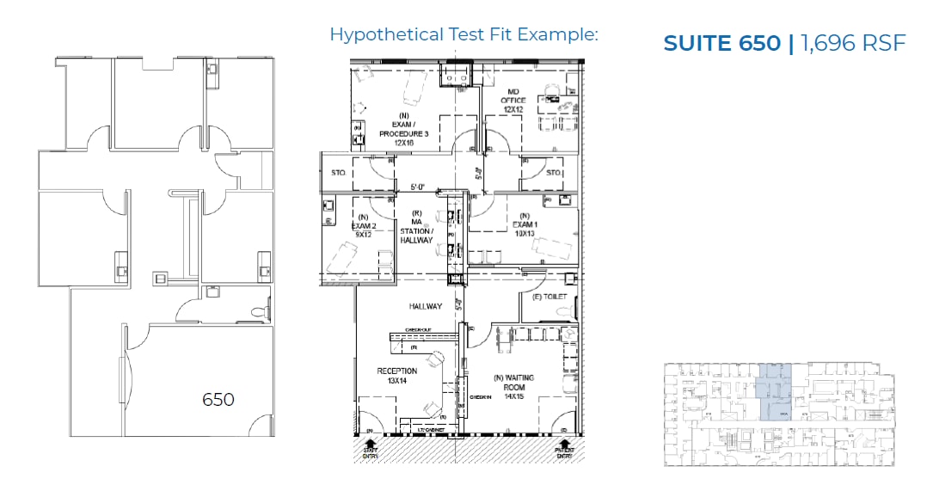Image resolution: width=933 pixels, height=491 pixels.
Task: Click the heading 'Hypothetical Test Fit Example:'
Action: tap(463, 35)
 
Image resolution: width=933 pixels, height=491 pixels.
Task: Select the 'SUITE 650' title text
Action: tap(722, 43)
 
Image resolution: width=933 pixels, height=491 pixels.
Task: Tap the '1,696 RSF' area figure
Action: tap(853, 43)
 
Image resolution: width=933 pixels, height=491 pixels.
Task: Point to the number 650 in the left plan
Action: tap(218, 400)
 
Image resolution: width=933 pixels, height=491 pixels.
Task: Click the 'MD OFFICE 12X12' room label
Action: tap(513, 100)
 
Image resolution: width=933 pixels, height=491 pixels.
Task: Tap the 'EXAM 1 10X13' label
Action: tap(524, 224)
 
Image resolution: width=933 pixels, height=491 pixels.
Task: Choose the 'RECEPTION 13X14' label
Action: tap(396, 377)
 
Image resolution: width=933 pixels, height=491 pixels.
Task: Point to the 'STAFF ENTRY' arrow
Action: tap(370, 449)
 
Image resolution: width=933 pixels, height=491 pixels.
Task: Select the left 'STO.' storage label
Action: tap(338, 173)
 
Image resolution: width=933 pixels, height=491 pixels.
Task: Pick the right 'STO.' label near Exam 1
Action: tap(553, 173)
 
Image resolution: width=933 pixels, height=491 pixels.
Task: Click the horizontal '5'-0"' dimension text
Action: tap(419, 187)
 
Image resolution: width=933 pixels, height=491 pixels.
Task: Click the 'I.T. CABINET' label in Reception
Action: tap(430, 427)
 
